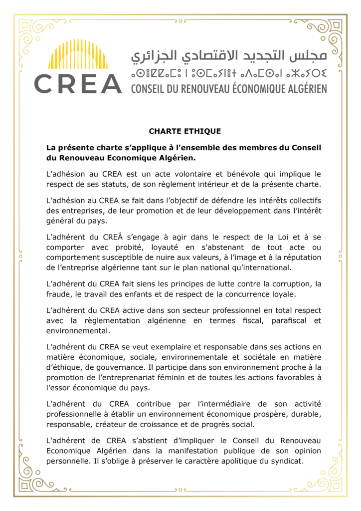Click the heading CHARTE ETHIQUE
point(184,132)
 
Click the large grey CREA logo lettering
point(78,83)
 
